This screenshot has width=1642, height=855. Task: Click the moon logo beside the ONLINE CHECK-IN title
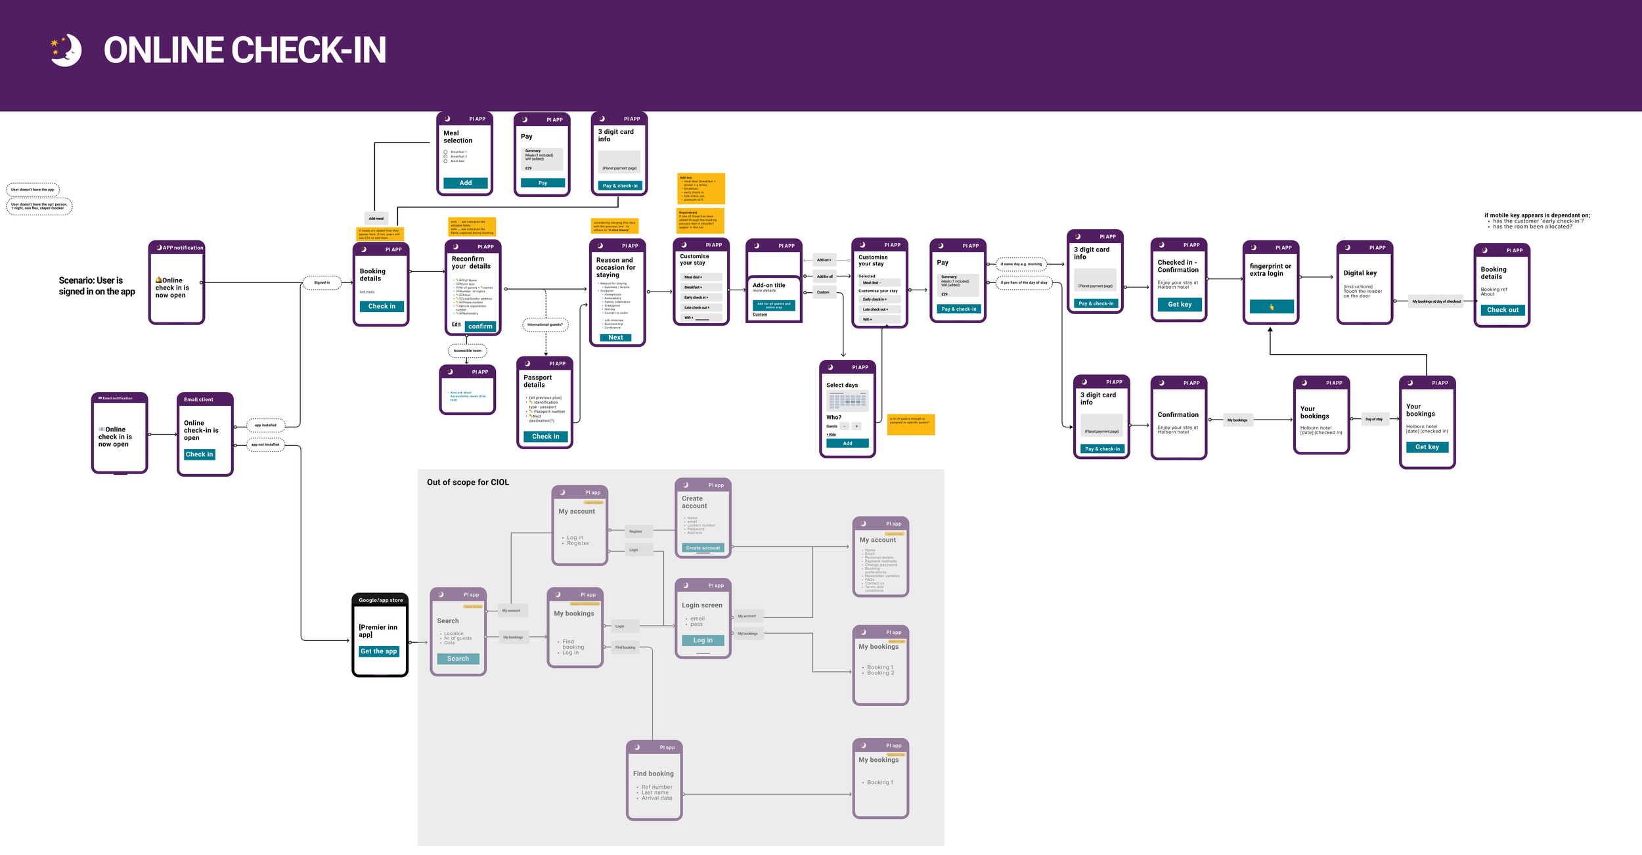(67, 51)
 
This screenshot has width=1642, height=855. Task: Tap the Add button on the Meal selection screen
(465, 183)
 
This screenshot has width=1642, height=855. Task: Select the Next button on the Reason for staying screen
(615, 338)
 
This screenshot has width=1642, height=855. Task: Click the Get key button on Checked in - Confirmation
(1179, 305)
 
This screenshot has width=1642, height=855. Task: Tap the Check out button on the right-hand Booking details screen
(1502, 310)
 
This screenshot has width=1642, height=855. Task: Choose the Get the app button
(379, 651)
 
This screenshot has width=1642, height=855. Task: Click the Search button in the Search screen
(458, 659)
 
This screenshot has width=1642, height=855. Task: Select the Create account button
(703, 548)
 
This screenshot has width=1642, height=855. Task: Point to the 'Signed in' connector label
(322, 283)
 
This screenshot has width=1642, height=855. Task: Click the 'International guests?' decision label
(545, 324)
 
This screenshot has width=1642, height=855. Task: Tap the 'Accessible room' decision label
(467, 351)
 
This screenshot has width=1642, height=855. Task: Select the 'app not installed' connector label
(265, 445)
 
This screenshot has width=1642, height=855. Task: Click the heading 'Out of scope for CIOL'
(468, 483)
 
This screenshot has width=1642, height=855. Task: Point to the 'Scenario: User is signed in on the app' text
(97, 286)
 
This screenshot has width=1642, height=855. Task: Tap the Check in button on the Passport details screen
(545, 437)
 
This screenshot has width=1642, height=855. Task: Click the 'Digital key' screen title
(1360, 273)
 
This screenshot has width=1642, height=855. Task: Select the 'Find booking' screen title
(653, 774)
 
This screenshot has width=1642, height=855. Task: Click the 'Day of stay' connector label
(1373, 419)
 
